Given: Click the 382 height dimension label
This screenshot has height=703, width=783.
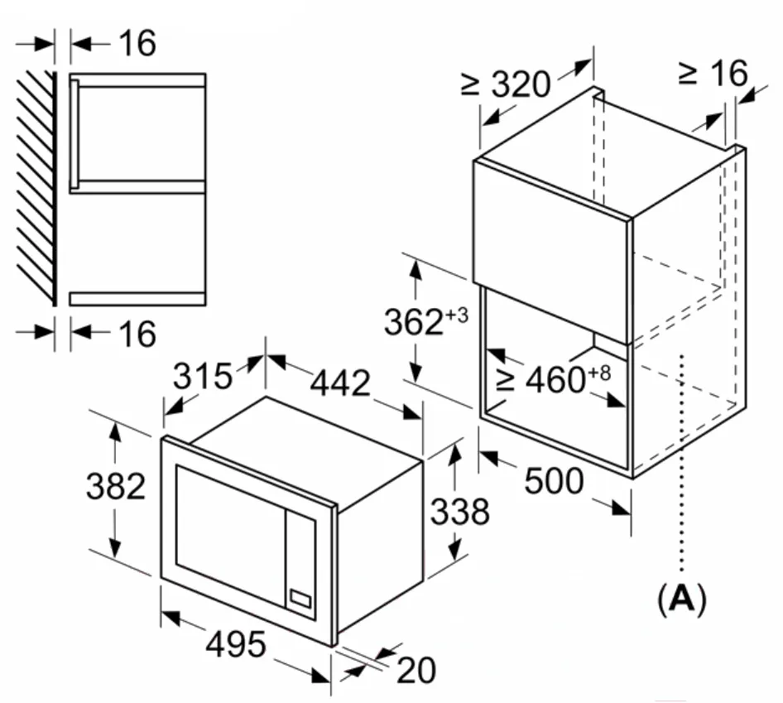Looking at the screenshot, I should coord(116,488).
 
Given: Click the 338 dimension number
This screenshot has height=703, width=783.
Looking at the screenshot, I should coord(459,513).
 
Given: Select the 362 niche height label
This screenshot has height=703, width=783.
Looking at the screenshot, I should coord(414,323).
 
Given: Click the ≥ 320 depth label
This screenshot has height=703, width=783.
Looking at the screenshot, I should coord(506,84).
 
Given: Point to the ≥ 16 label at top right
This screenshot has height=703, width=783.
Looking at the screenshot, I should coord(712,74).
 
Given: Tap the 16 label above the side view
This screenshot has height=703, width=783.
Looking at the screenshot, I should coord(137,44).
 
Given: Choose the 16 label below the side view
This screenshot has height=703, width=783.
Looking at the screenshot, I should coord(137,335).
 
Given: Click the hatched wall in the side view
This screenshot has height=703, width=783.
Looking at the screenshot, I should coord(36,186).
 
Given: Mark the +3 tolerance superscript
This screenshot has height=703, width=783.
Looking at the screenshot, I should coord(458,315).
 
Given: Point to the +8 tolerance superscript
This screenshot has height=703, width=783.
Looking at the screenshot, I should coord(599,373).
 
